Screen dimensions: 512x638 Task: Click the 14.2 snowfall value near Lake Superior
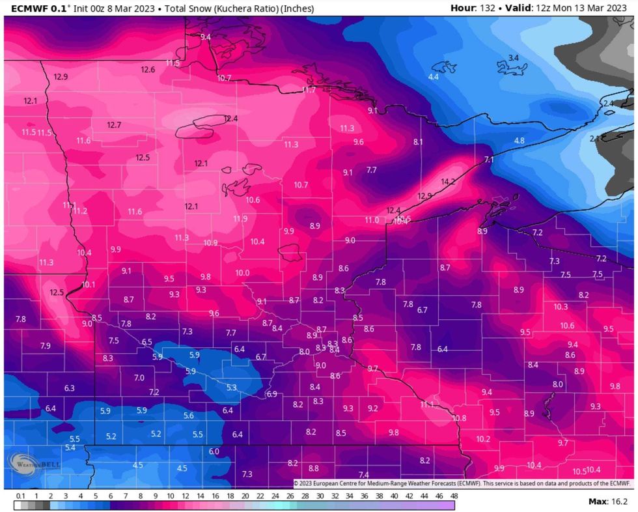(x=448, y=182)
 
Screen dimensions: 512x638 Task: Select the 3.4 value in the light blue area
(x=513, y=59)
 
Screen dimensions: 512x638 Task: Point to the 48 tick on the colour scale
(x=453, y=496)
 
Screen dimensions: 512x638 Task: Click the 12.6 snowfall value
(x=148, y=70)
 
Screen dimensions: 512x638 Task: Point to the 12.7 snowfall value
(x=115, y=125)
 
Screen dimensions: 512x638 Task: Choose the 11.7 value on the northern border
(x=309, y=90)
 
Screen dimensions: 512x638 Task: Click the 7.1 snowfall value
(x=490, y=160)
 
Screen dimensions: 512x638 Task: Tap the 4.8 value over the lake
(x=519, y=141)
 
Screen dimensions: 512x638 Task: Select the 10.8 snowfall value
(x=459, y=418)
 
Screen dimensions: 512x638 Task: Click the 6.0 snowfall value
(x=214, y=451)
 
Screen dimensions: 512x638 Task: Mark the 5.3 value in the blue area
(x=231, y=388)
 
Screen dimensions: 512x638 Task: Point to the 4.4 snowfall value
(x=433, y=77)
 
